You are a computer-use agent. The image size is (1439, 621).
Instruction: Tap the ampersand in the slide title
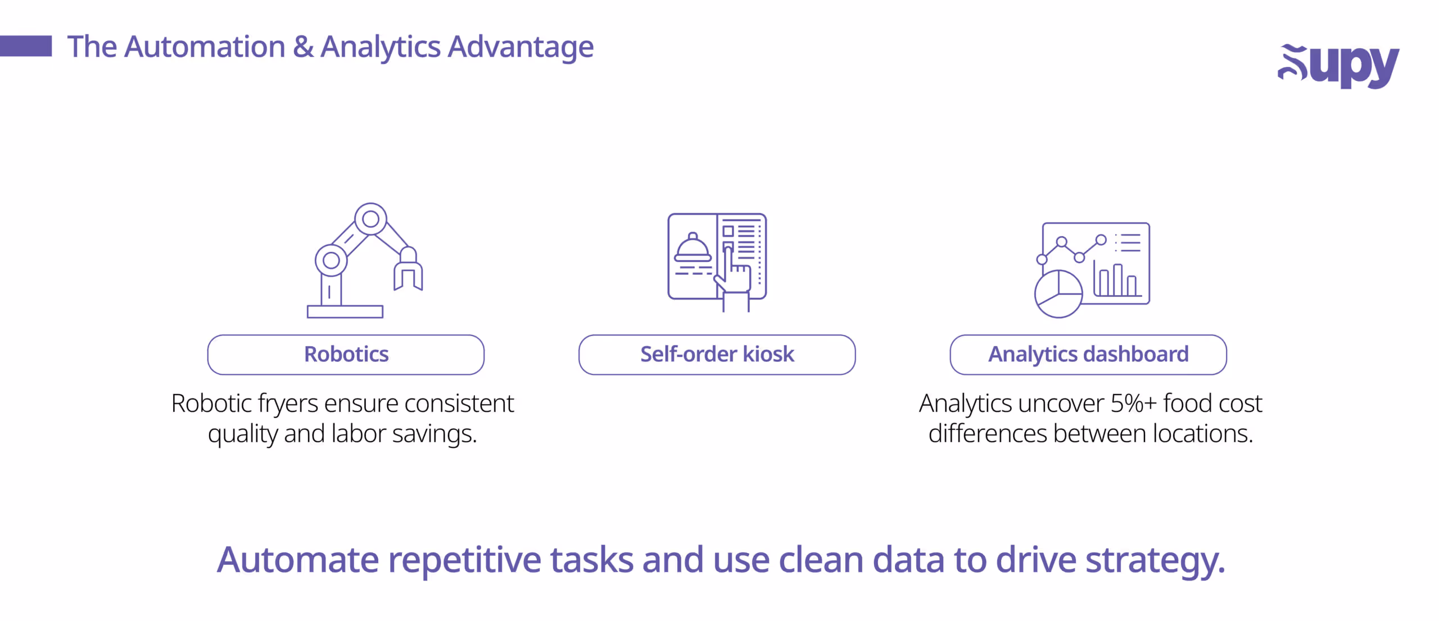(303, 47)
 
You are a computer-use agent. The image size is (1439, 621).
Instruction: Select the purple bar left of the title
(26, 46)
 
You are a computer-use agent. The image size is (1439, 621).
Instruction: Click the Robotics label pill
(346, 355)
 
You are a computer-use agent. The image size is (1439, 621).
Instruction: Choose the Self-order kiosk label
(717, 355)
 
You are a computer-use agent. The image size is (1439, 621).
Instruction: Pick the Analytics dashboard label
(1088, 355)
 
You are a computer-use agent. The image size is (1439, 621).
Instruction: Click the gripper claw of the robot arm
(408, 273)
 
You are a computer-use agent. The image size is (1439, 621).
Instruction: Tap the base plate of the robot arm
(345, 311)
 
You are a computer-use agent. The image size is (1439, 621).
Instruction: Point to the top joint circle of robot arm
(370, 219)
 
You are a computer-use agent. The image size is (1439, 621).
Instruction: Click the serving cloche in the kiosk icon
(693, 249)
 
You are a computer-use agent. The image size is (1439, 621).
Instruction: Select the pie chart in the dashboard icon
(1058, 294)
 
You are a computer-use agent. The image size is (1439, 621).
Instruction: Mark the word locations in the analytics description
(1202, 434)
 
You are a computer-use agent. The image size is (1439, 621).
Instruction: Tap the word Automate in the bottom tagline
(298, 560)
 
